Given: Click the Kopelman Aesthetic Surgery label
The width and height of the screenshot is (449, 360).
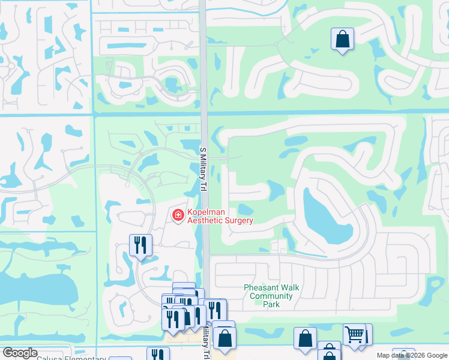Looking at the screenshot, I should (x=220, y=216).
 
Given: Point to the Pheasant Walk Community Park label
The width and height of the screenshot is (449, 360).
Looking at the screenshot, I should (x=271, y=296).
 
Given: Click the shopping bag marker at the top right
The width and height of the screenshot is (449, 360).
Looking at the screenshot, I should (x=342, y=40).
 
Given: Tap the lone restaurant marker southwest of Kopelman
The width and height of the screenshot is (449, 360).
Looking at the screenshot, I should (x=140, y=245).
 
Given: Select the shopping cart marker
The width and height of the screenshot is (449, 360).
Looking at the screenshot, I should (x=354, y=334).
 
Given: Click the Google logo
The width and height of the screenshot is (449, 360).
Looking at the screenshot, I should (x=20, y=353).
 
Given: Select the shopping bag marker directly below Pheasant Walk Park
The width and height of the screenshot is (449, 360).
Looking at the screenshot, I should (x=305, y=338).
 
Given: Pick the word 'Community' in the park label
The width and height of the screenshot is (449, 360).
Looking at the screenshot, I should (x=271, y=296).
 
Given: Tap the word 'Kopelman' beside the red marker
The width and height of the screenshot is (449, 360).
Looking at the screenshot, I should (x=209, y=212).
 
